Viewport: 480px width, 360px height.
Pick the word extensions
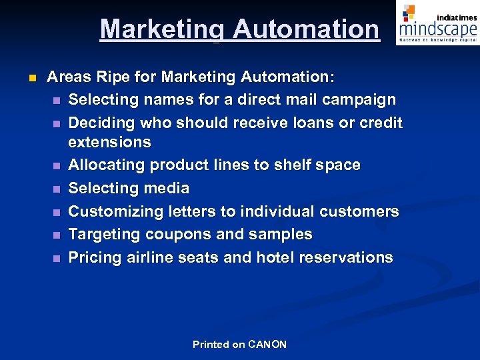pyautogui.click(x=109, y=142)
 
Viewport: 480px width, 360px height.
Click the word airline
pyautogui.click(x=152, y=257)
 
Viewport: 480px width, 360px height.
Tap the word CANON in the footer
pyautogui.click(x=267, y=345)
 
